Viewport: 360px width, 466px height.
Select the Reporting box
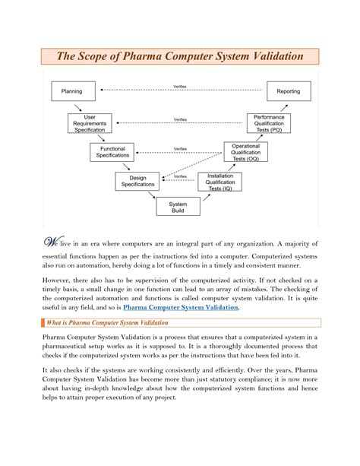click(x=289, y=91)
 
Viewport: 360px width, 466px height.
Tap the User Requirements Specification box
click(x=90, y=124)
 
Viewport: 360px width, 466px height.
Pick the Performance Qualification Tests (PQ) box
click(x=268, y=124)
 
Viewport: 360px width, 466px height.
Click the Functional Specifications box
click(x=112, y=152)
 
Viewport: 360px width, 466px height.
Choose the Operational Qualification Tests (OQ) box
click(x=246, y=152)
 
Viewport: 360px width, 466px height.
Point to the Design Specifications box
click(x=137, y=181)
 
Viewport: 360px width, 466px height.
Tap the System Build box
click(x=177, y=208)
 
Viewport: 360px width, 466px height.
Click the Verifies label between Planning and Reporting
click(x=180, y=85)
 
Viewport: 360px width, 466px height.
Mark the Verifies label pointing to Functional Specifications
click(x=180, y=148)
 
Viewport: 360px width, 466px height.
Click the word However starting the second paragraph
click(x=57, y=281)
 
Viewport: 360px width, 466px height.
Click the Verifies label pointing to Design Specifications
click(x=180, y=176)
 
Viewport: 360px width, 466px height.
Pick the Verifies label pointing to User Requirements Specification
click(x=180, y=119)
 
